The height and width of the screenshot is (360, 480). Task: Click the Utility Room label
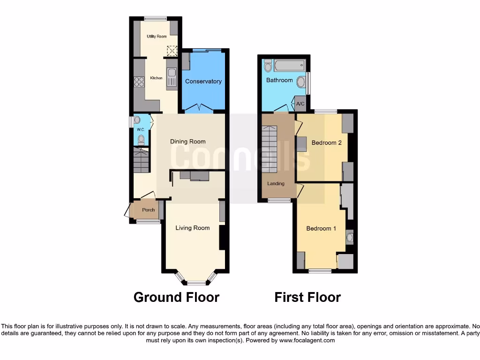(x=157, y=36)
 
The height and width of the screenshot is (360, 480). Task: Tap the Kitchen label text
(x=156, y=78)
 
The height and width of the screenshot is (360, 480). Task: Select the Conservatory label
(x=203, y=82)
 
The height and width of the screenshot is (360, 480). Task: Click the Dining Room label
(x=187, y=142)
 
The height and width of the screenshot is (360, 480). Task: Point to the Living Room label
(x=192, y=228)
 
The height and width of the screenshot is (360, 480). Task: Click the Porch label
(x=148, y=210)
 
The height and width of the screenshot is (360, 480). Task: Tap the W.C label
(x=140, y=129)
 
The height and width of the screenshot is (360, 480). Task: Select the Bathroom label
(x=279, y=80)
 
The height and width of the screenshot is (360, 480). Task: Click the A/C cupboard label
(x=300, y=104)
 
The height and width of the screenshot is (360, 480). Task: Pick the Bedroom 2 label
(x=327, y=143)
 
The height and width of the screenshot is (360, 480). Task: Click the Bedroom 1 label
(x=321, y=229)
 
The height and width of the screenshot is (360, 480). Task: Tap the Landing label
(x=276, y=184)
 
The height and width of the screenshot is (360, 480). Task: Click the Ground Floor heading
(x=176, y=297)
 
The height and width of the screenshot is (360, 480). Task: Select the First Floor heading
(x=307, y=297)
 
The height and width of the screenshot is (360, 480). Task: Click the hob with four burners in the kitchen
(x=139, y=82)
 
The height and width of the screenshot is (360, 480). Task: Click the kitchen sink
(x=172, y=73)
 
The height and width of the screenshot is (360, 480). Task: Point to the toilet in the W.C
(x=141, y=139)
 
